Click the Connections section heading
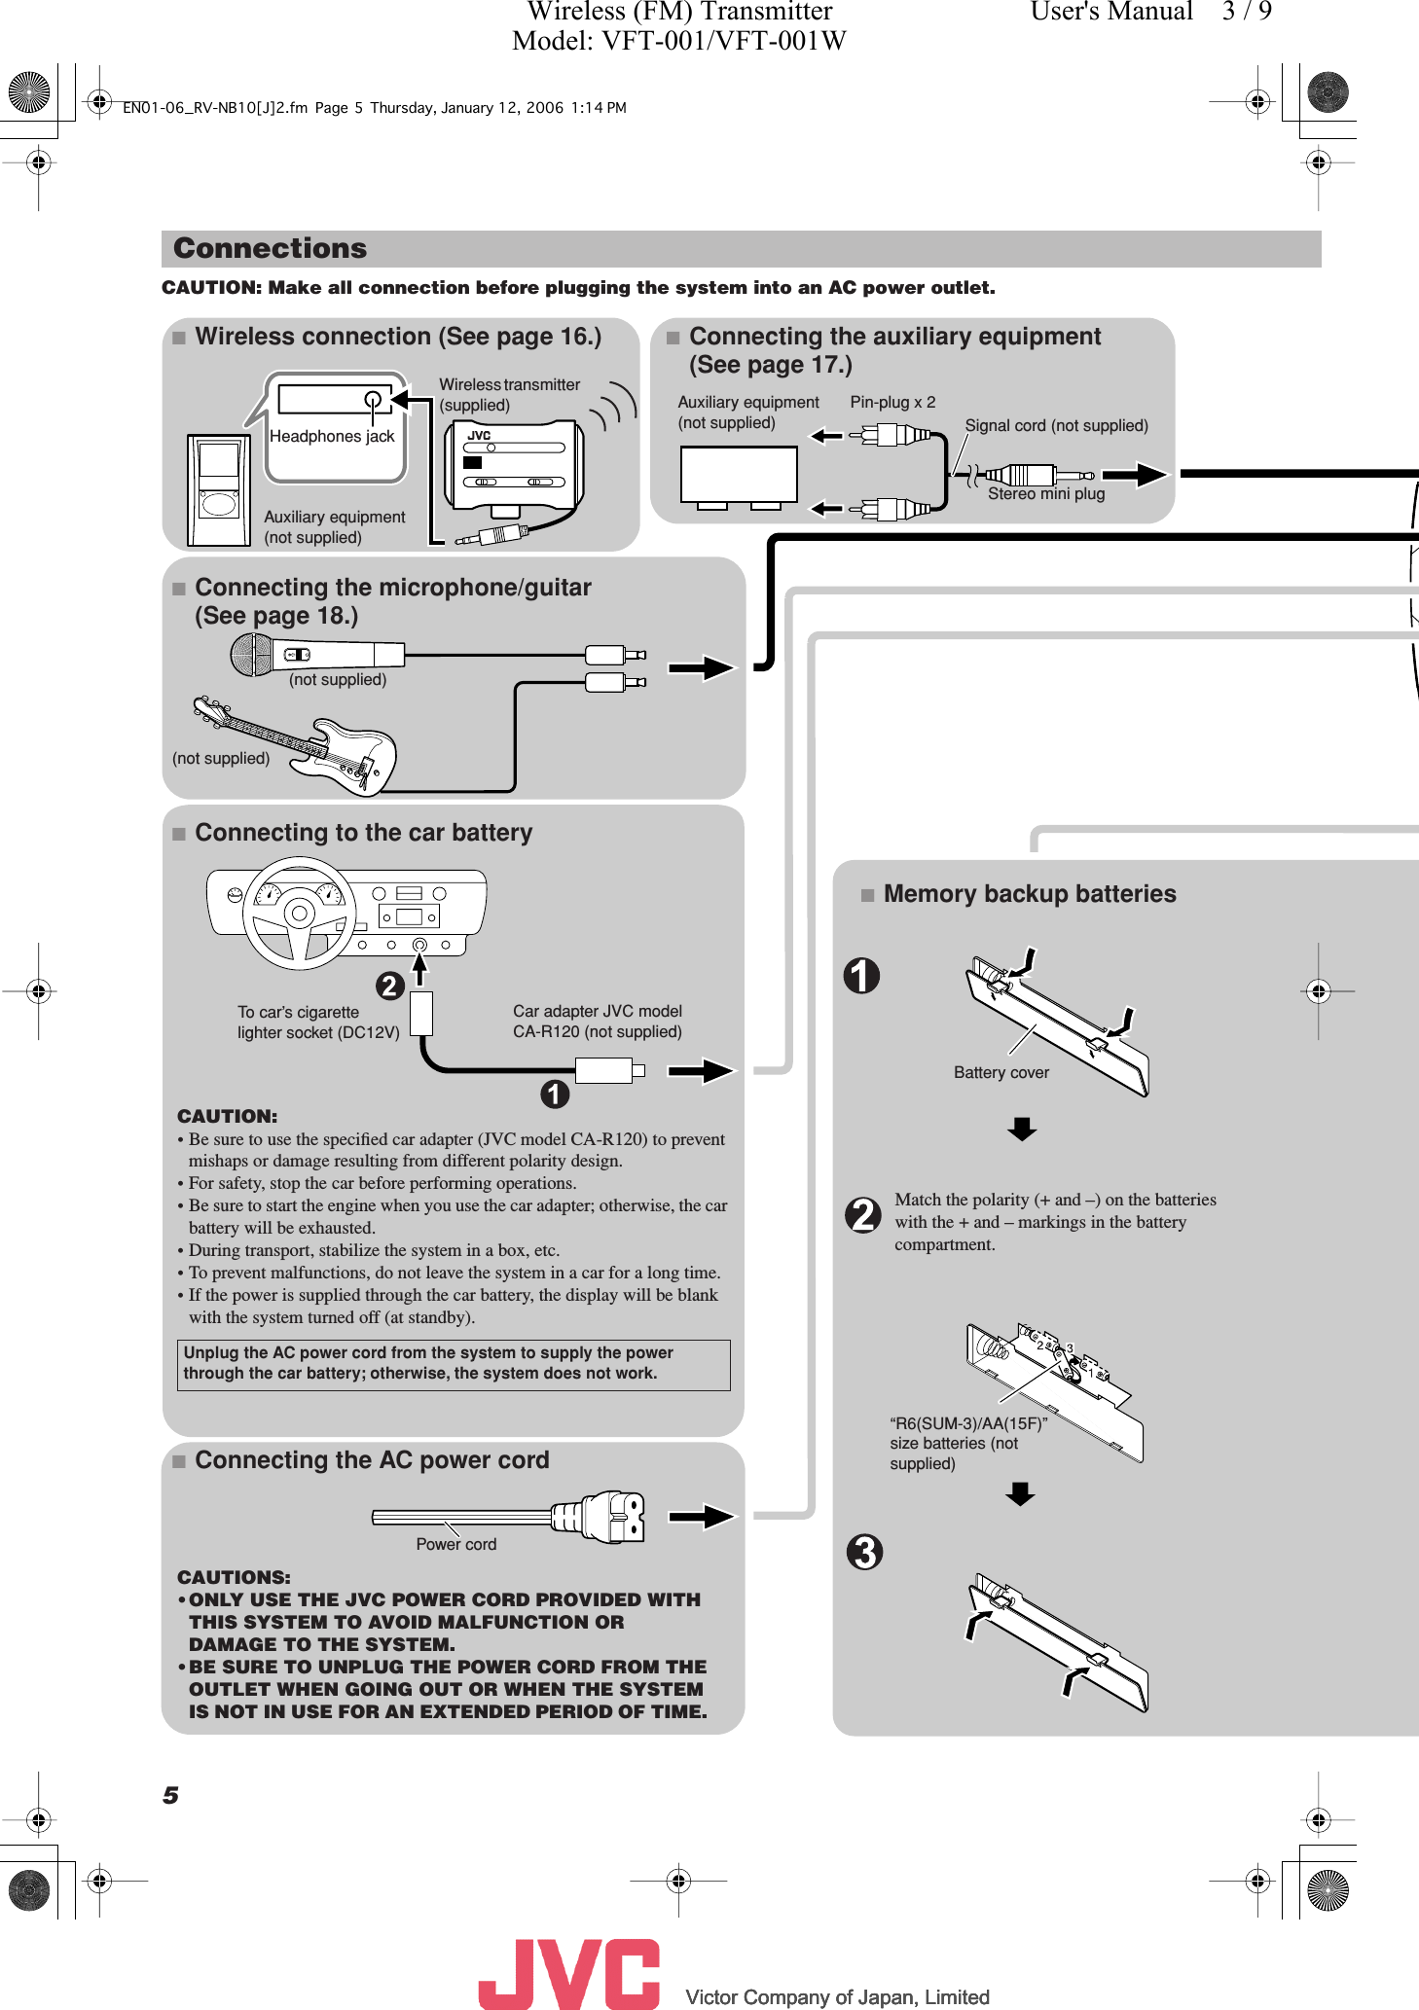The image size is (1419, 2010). pyautogui.click(x=271, y=249)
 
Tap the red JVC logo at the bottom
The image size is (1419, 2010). pyautogui.click(x=569, y=1973)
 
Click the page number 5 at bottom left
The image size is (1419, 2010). pyautogui.click(x=171, y=1795)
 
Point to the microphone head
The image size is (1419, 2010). pyautogui.click(x=251, y=655)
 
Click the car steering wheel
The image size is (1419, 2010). pyautogui.click(x=299, y=914)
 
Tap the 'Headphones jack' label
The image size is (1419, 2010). pyautogui.click(x=332, y=437)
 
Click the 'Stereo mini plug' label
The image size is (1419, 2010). pyautogui.click(x=1046, y=494)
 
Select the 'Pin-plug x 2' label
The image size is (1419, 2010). pyautogui.click(x=892, y=402)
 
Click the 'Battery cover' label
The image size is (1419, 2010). pyautogui.click(x=1001, y=1072)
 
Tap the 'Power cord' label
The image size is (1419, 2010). pyautogui.click(x=455, y=1544)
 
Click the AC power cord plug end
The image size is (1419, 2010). pyautogui.click(x=614, y=1516)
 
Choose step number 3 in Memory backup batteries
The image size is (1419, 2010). pyautogui.click(x=864, y=1552)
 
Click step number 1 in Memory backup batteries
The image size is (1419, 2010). pyautogui.click(x=861, y=976)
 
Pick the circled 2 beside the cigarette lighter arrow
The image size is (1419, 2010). pyautogui.click(x=389, y=987)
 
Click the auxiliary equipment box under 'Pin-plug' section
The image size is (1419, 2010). pyautogui.click(x=739, y=475)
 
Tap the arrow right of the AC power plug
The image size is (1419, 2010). pyautogui.click(x=701, y=1516)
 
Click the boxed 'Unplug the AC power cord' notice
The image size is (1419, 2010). pyautogui.click(x=454, y=1364)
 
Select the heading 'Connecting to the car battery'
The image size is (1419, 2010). pyautogui.click(x=363, y=833)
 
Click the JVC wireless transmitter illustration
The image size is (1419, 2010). pyautogui.click(x=513, y=465)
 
